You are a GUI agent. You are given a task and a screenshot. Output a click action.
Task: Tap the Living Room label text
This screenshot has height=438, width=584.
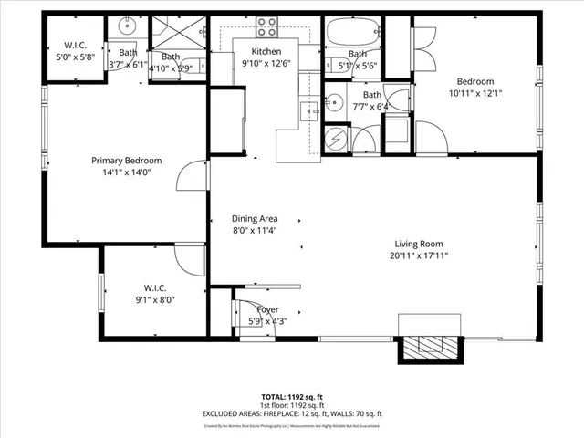[418, 244]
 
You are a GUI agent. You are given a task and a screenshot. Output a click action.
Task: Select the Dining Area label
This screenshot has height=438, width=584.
[255, 219]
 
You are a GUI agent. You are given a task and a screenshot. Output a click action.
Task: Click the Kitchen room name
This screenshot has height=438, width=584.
[266, 51]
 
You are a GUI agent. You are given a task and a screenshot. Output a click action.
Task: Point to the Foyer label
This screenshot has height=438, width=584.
[266, 309]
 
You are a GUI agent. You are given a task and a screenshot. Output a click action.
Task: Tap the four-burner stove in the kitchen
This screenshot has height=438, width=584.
[266, 26]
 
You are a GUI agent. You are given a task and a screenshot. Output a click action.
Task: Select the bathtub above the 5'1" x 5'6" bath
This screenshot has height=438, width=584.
[351, 34]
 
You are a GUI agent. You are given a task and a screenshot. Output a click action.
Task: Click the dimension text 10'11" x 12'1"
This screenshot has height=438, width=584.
[475, 93]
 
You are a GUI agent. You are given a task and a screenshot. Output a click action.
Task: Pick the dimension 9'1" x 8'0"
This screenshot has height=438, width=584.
[154, 298]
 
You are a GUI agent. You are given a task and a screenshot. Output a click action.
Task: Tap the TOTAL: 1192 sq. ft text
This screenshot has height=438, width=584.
[291, 397]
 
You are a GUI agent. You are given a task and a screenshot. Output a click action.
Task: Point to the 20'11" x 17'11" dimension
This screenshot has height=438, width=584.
[418, 255]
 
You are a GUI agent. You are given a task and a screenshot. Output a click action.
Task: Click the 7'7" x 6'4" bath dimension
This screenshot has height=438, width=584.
[372, 106]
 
